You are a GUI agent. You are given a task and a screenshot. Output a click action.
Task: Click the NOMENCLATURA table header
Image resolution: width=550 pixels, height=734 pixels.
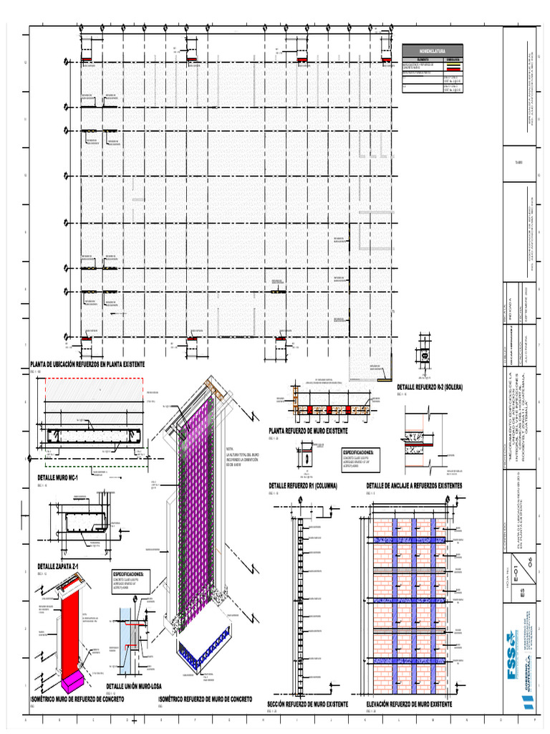pos(433,52)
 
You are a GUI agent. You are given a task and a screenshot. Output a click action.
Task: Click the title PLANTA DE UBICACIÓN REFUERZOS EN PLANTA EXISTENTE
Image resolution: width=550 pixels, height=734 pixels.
pos(87,365)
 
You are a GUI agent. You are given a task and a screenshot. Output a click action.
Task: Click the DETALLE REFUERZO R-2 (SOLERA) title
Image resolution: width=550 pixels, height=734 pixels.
pos(430,387)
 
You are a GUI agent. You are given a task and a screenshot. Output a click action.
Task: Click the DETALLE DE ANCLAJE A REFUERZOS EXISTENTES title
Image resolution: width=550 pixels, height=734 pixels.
pos(414,485)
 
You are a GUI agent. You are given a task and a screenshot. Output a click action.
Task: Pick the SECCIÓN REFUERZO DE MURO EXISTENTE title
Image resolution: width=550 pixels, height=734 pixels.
pos(307,705)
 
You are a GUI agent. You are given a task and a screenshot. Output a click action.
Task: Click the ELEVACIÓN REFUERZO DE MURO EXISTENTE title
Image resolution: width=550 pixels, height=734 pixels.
pos(409,705)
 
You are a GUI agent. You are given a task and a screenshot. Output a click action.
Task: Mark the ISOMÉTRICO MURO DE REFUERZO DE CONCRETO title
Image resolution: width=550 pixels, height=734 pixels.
pos(77,697)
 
